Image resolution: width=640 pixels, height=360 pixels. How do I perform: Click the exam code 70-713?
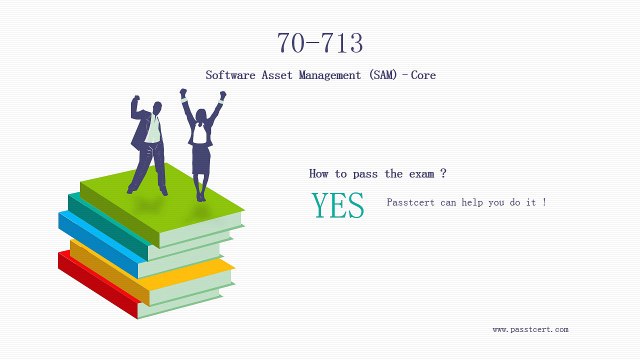(320, 43)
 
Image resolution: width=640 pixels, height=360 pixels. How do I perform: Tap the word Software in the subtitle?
(228, 75)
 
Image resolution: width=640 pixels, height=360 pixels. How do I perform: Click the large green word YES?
(337, 204)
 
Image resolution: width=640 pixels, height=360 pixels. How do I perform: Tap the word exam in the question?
(422, 173)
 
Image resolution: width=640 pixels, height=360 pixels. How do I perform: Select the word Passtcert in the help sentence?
(411, 203)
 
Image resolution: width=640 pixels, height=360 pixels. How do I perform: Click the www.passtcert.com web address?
(530, 329)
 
